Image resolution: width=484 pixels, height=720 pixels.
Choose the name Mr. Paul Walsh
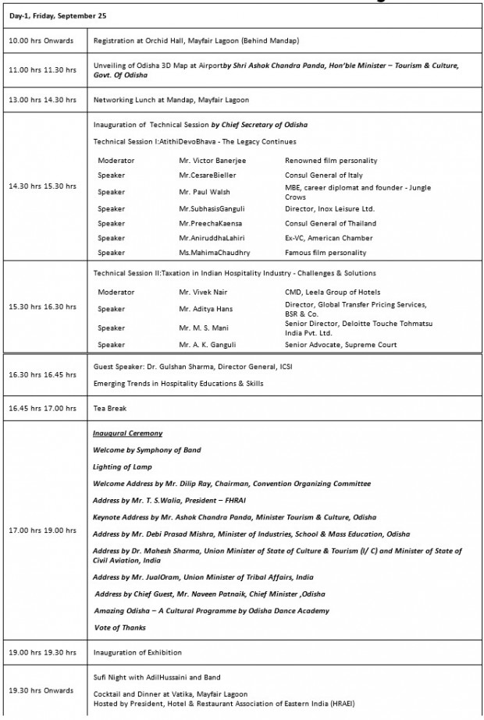205,191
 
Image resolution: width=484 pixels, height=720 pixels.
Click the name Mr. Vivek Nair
204,292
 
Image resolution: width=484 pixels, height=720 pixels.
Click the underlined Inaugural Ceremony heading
127,433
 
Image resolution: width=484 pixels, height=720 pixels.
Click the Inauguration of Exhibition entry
137,652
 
